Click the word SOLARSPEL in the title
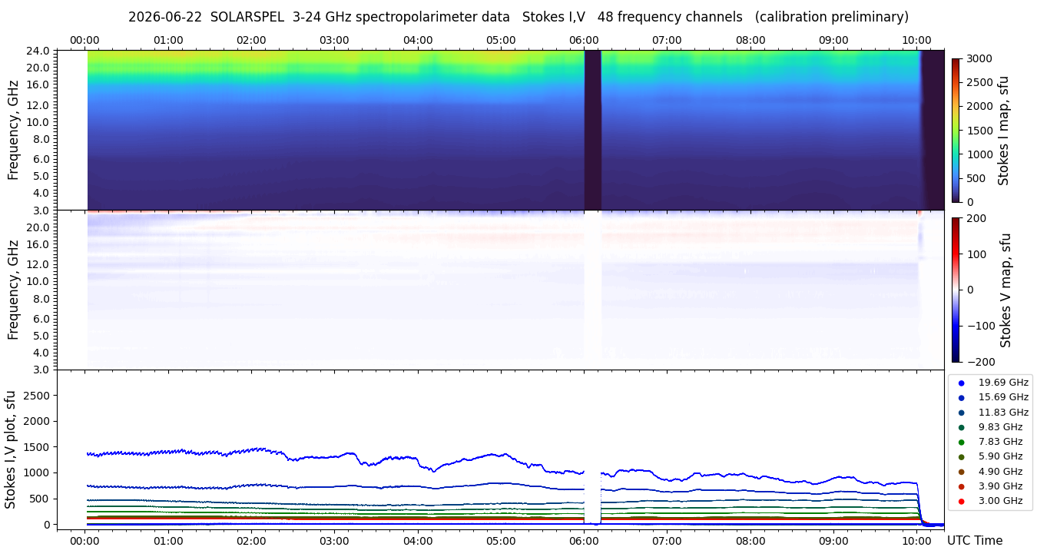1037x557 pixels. click(247, 17)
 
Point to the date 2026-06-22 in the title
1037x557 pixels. click(165, 17)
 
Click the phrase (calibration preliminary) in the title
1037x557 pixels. click(831, 17)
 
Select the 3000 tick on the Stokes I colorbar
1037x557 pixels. click(979, 59)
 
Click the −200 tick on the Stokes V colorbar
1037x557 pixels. click(980, 362)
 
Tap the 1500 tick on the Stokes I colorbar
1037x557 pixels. click(979, 131)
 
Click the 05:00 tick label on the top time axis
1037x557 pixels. click(501, 40)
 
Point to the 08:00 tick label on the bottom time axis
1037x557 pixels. click(750, 541)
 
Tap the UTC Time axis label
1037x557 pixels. click(975, 540)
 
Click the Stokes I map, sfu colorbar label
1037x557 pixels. click(1003, 131)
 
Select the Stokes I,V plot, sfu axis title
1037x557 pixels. click(10, 449)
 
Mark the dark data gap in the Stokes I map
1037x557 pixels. click(592, 130)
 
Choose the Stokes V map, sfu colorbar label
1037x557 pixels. click(1005, 290)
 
